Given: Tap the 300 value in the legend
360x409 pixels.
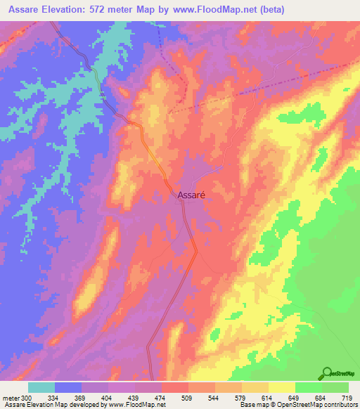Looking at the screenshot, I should [x=26, y=397].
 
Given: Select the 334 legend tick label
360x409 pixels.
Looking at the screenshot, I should [x=54, y=397].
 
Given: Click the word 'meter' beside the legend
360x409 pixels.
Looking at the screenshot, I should [x=10, y=397].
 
